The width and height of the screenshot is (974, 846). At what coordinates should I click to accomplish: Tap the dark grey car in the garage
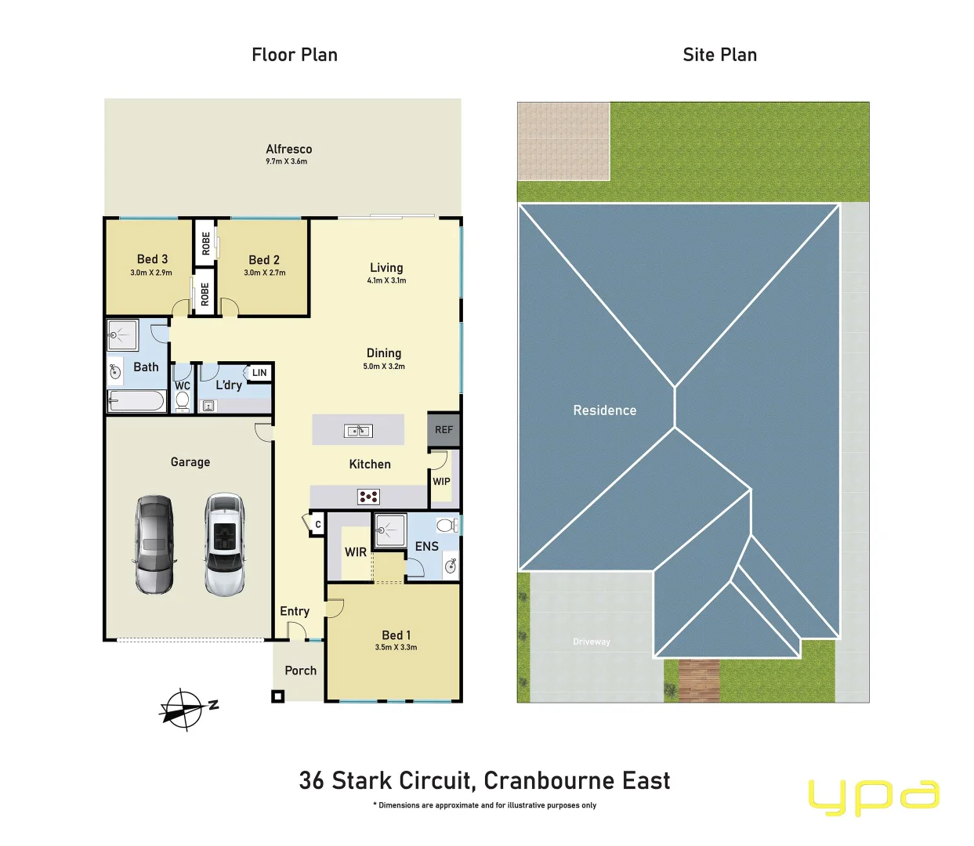[x=154, y=544]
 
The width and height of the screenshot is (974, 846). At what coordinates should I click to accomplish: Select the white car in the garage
[x=225, y=544]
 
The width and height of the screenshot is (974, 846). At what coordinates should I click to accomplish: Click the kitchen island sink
[x=358, y=430]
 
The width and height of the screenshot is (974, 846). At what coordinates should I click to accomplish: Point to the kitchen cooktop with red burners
[x=368, y=496]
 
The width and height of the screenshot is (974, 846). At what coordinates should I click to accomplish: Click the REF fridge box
[x=444, y=429]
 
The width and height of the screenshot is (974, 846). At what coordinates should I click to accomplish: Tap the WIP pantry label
[x=441, y=482]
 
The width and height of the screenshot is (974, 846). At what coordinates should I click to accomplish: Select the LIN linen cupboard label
[x=259, y=373]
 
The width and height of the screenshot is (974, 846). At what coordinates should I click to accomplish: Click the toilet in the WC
[x=183, y=400]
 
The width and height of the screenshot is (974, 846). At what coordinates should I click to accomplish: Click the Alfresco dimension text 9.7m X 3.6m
[x=286, y=161]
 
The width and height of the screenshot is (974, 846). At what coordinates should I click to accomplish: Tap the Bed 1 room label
[x=396, y=635]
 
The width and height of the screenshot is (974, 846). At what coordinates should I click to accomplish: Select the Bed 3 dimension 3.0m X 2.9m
[x=151, y=273]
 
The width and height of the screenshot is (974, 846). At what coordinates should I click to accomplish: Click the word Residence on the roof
[x=604, y=410]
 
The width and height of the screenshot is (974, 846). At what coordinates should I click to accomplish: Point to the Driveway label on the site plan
[x=591, y=642]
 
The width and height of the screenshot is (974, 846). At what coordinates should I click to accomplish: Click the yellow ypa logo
[x=873, y=797]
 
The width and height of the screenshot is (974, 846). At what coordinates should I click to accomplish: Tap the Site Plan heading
[x=719, y=55]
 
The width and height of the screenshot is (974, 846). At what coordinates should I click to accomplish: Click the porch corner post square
[x=277, y=696]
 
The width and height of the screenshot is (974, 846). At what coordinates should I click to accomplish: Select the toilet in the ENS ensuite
[x=447, y=525]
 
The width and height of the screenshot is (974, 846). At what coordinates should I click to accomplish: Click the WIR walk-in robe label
[x=356, y=552]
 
